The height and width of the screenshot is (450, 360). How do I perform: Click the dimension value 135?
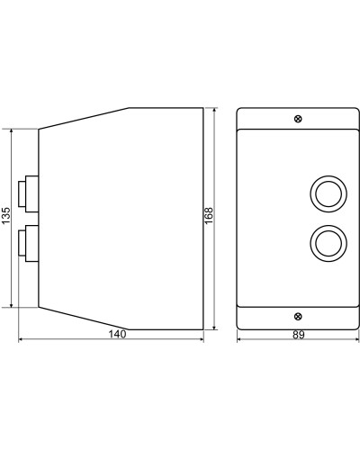tap(6, 215)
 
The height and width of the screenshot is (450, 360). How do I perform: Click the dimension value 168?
tap(208, 215)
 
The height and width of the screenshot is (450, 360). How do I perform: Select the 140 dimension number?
tap(117, 334)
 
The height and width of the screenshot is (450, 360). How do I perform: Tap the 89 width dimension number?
tap(299, 335)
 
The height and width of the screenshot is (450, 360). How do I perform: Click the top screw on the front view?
tap(298, 119)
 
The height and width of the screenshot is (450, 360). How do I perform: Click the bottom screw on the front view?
tap(298, 316)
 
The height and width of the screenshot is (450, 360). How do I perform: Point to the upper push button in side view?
tap(28, 193)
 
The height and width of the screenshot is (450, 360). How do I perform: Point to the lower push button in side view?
tap(28, 243)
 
